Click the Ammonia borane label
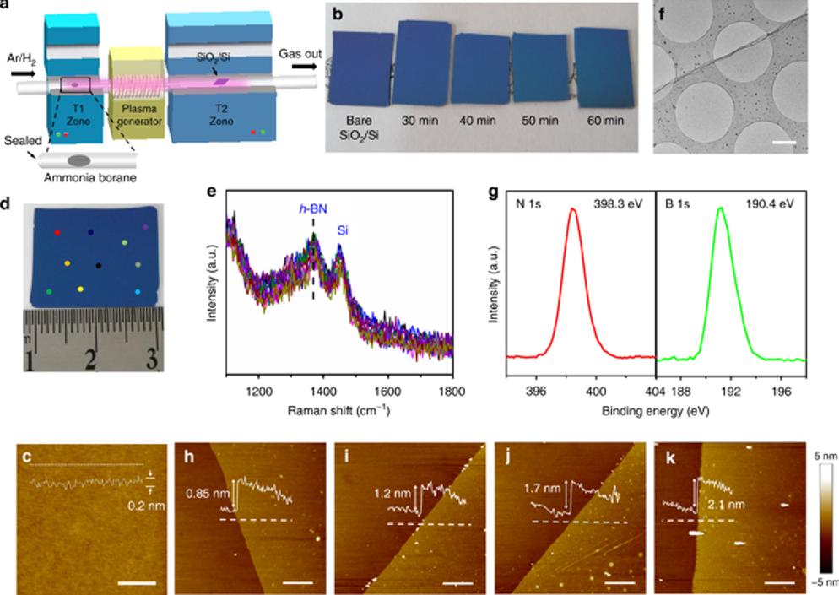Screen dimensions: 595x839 point(80,181)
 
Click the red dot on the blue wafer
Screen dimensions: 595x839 point(57,231)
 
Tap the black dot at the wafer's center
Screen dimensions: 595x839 point(100,266)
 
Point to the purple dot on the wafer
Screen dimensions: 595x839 point(145,227)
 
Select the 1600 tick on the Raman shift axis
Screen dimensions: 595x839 point(387,392)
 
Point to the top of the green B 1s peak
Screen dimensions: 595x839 point(721,208)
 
